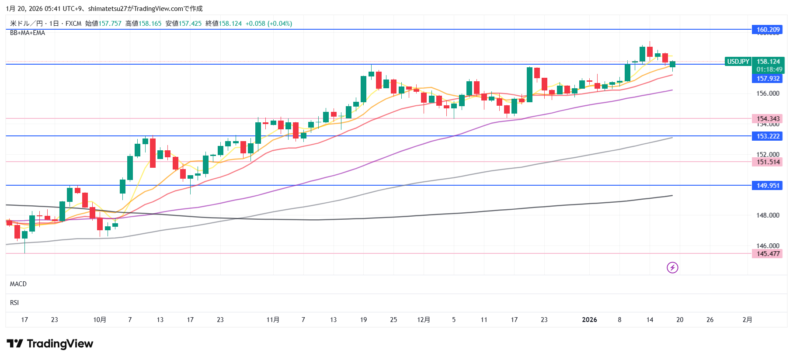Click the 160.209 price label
768,29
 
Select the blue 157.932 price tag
768,79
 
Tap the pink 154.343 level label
768,119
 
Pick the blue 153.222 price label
768,136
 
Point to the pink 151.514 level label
768,162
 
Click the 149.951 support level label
768,186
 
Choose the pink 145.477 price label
768,254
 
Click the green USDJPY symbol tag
738,62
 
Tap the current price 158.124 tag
768,62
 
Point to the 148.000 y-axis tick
768,215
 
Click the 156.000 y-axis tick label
768,93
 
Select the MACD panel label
18,284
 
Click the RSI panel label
14,303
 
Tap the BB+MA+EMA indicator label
28,33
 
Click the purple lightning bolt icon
672,267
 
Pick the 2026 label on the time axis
589,320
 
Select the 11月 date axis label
273,320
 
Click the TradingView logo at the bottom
50,344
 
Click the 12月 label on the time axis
424,320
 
